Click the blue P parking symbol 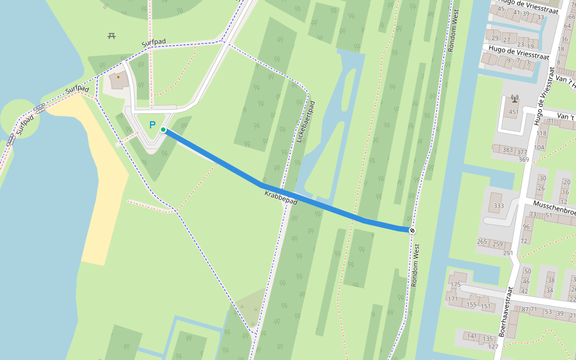152,125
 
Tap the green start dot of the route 163,130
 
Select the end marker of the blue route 412,230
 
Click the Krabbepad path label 281,197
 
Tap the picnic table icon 112,36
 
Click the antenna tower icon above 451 514,98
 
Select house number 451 514,112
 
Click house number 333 499,206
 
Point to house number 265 482,242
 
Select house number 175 455,284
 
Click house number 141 472,336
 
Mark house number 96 526,227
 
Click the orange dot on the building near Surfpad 118,77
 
